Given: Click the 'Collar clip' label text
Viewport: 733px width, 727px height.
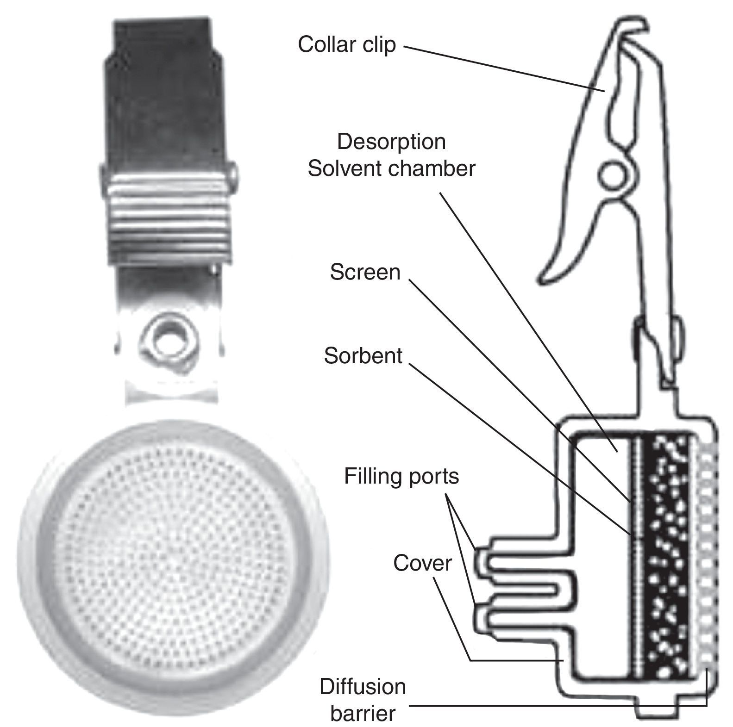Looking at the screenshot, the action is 347,45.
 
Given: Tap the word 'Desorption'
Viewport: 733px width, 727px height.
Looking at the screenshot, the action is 391,142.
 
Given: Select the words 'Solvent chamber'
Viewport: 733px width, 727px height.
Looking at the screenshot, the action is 391,169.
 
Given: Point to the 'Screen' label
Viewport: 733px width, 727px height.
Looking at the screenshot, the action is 365,272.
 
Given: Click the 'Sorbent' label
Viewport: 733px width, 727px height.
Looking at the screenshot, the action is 363,356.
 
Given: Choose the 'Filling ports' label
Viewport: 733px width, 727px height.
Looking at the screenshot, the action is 401,476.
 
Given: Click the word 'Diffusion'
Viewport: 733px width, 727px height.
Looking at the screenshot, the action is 363,687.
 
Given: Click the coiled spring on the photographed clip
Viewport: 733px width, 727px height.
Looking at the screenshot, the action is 169,203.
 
